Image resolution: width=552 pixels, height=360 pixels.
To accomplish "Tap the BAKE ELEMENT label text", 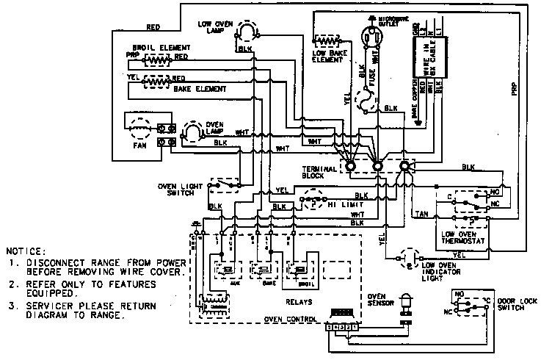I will [197, 89].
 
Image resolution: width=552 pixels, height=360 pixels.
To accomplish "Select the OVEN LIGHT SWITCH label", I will [181, 189].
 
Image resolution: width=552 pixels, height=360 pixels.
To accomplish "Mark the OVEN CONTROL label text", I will [290, 320].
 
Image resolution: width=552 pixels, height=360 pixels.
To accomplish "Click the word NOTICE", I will [26, 251].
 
